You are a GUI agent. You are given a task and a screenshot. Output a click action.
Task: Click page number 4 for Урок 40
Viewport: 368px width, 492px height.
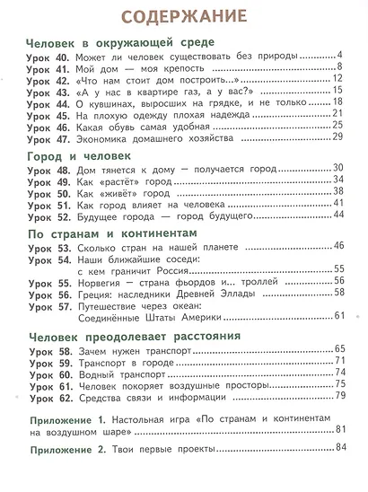point(342,59)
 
